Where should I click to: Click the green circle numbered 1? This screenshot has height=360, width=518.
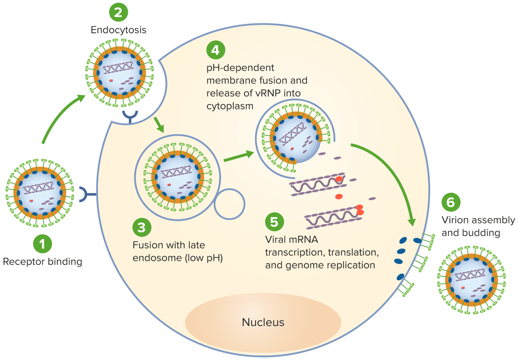[42, 244]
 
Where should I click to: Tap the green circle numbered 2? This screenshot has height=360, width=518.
[118, 12]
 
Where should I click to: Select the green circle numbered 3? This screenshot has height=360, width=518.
[142, 227]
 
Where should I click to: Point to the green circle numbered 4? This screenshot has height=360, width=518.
[215, 50]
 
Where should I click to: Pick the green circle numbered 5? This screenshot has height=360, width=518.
[274, 222]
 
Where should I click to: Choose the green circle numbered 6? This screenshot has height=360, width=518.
[451, 202]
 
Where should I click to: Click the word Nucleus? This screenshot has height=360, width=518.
[263, 322]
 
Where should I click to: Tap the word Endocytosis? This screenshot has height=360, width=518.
[118, 30]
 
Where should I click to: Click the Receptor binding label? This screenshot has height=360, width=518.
[42, 261]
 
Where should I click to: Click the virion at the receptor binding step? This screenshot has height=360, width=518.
[40, 193]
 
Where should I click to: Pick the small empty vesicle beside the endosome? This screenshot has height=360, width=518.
[229, 204]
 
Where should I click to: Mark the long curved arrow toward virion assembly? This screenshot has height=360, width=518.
[391, 172]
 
